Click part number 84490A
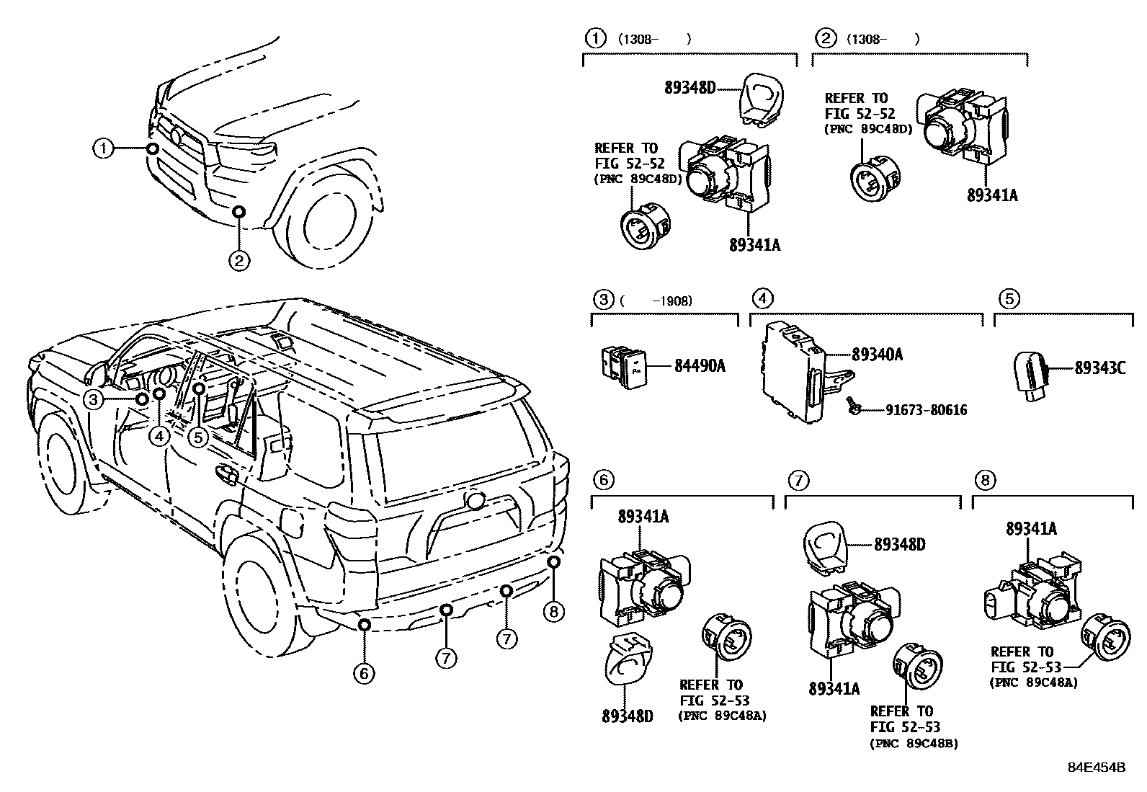(699, 367)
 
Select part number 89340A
(877, 354)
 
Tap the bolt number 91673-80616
(926, 410)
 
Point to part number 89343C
(1099, 368)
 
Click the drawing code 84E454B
(1095, 767)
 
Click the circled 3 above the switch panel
(603, 298)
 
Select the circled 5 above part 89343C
(1009, 298)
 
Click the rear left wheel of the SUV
(263, 595)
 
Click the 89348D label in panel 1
(689, 88)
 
